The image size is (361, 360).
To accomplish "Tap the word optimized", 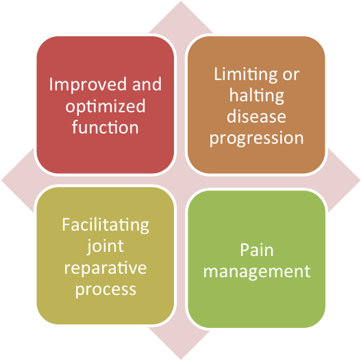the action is coord(105,107).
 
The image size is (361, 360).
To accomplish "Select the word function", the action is coord(105,127).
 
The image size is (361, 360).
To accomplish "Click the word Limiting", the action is coord(246,75).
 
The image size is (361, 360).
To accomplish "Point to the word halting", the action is coord(257,96).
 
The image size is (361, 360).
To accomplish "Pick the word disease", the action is coord(256,116).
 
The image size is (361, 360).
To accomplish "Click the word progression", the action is coord(256,139).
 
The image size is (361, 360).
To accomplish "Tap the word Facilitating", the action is coord(105,225).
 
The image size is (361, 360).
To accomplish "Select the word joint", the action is coord(105,247).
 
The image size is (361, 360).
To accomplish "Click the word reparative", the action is coord(105,268).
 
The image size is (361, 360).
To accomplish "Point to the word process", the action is coord(105,290).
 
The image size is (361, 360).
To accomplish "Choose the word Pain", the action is coord(257,250).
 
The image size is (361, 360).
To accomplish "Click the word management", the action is coord(257,272).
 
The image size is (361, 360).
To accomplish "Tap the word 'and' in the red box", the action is coord(147,84).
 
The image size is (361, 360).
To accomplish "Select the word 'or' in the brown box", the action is coord(290,75).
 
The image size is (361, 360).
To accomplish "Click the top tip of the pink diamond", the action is coord(181,1).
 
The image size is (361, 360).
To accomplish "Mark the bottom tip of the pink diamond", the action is coord(181,359).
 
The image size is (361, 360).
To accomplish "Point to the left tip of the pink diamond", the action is coord(1,181).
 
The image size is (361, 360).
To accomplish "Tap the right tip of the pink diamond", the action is coord(360,181).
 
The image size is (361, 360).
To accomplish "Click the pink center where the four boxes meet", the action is coord(181,181).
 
